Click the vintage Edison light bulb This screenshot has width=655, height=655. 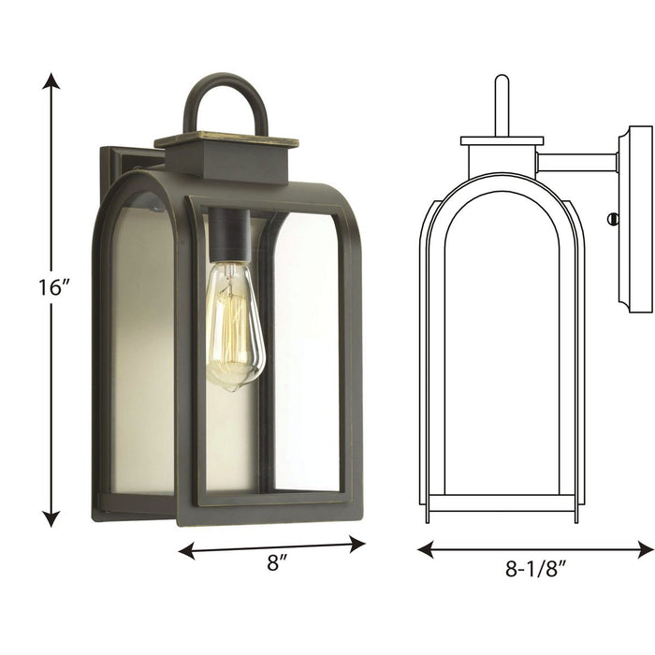click(234, 325)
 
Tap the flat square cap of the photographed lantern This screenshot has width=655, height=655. click(226, 140)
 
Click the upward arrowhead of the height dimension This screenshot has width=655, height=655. click(51, 81)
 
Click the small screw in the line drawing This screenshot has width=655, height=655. click(613, 219)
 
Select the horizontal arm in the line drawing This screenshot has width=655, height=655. click(576, 162)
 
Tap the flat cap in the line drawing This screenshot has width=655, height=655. click(502, 141)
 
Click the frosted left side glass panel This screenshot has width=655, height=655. click(142, 346)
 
